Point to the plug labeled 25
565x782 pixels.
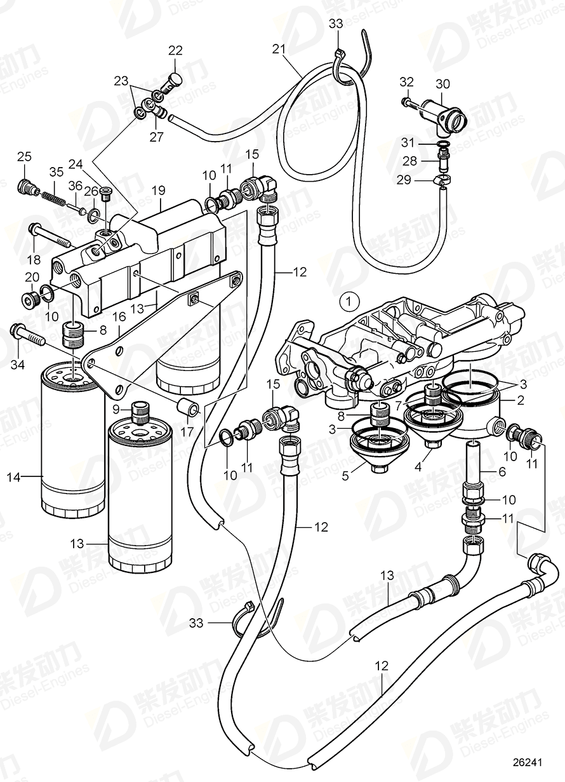point(25,189)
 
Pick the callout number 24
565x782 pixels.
point(76,164)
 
